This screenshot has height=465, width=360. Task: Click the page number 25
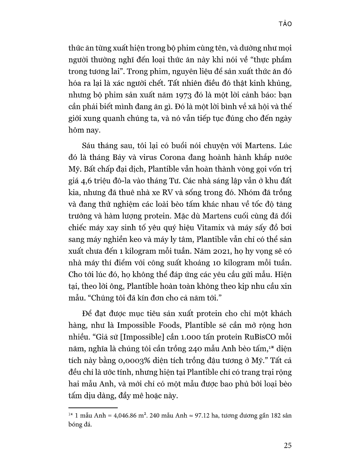(288, 445)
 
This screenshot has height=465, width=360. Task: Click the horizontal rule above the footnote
(93, 408)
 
